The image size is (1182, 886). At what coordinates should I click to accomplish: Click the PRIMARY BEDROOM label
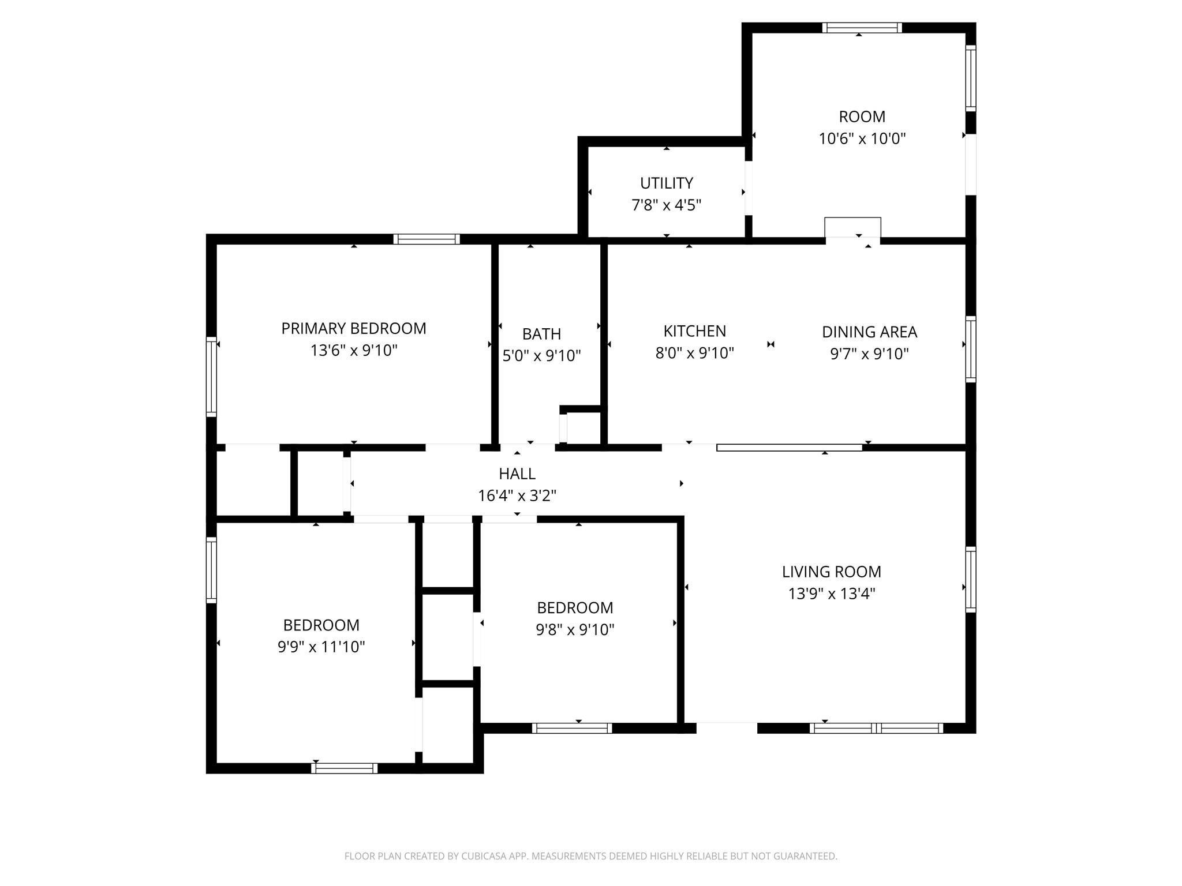[353, 328]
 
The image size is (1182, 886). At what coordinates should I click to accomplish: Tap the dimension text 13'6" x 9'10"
[353, 350]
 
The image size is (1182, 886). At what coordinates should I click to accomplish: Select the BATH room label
[541, 334]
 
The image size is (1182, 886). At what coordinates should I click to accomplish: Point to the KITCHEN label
[694, 331]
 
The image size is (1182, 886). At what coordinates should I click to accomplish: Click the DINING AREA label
[869, 332]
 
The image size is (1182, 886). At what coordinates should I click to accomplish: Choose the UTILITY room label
[666, 183]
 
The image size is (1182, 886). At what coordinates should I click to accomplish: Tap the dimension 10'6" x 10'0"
[862, 138]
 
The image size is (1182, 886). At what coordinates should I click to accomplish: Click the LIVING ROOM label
[831, 572]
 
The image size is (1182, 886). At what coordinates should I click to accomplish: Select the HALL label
[517, 474]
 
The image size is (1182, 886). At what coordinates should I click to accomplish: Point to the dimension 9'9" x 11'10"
[321, 647]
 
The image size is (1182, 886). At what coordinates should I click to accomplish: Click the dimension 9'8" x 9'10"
[575, 629]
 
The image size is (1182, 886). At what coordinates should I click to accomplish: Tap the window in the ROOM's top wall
[862, 28]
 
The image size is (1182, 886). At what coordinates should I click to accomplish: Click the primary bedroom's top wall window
[427, 239]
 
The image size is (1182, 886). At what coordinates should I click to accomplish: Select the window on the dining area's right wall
[971, 349]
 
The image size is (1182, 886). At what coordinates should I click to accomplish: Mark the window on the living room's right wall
[971, 579]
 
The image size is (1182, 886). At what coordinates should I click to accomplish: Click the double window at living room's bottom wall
[876, 728]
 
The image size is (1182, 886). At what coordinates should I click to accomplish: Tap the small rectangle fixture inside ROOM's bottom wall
[852, 227]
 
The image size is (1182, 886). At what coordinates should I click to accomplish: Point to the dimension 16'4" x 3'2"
[517, 495]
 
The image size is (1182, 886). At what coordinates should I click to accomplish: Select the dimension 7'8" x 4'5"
[666, 205]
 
